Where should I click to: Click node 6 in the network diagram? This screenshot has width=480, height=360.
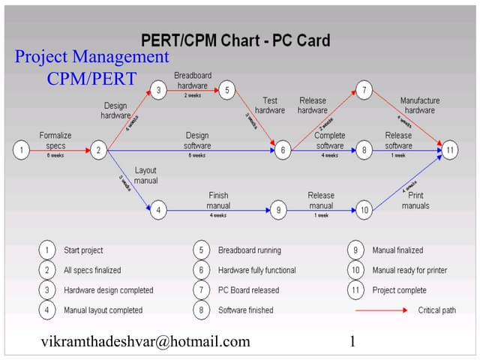point(283,150)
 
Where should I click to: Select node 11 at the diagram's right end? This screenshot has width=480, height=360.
point(449,150)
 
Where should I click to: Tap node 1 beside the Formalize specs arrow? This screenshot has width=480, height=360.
point(22,150)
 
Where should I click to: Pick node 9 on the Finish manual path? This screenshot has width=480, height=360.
point(278,211)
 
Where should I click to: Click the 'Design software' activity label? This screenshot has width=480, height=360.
point(197,140)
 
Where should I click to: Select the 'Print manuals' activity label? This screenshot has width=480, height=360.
point(415,200)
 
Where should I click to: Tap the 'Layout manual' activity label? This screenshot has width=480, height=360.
point(145,175)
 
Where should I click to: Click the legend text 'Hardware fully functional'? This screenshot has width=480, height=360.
point(256,270)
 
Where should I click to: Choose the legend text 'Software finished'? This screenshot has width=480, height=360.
point(245,310)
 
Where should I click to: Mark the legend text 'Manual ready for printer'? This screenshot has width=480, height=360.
point(409,270)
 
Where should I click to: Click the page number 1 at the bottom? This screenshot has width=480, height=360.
point(352,342)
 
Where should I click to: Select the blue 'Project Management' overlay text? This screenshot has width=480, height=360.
point(91,57)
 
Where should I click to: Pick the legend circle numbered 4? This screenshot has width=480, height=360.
point(48,310)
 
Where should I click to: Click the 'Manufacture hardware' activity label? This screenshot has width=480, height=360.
point(420,105)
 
